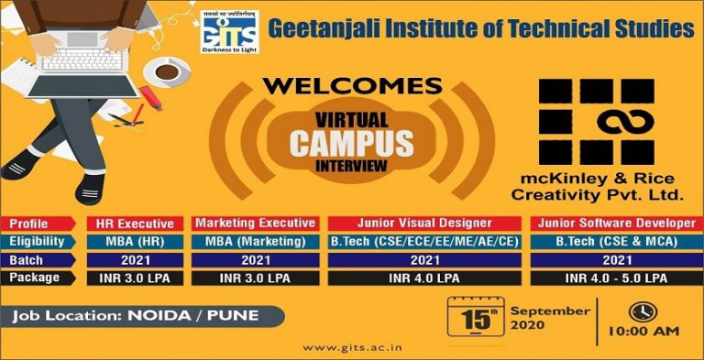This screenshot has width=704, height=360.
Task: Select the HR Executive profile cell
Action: click(x=137, y=223)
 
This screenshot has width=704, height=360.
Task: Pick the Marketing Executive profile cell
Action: click(x=256, y=223)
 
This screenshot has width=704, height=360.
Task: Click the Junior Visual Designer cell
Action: click(x=423, y=223)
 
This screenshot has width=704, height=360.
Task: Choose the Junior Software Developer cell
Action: click(x=609, y=223)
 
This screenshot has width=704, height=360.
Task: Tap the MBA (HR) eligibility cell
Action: click(x=137, y=241)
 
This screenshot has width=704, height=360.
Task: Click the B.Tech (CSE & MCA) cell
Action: click(x=609, y=241)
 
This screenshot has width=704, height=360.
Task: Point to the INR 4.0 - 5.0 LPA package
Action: click(x=609, y=277)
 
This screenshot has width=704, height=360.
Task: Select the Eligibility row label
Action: click(x=40, y=241)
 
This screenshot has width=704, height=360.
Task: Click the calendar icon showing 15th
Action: click(x=475, y=321)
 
